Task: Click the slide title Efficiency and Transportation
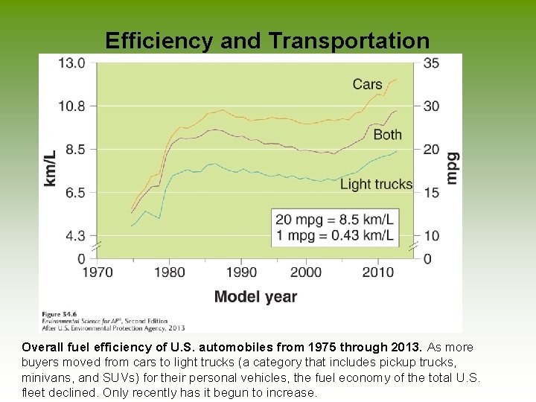[x=267, y=40]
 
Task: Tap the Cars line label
[x=367, y=84]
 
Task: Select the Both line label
[x=387, y=135]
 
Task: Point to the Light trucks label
[x=376, y=184]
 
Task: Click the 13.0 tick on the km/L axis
[x=72, y=63]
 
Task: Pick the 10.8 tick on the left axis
[x=72, y=106]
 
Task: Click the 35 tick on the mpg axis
[x=431, y=63]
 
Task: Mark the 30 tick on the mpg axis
[x=431, y=106]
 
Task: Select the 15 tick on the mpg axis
[x=431, y=193]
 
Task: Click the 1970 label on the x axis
[x=98, y=272]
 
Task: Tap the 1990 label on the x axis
[x=242, y=272]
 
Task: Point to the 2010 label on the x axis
[x=379, y=272]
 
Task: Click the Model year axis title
[x=255, y=297]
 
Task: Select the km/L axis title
[x=51, y=167]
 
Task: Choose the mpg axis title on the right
[x=452, y=167]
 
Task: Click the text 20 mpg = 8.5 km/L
[x=334, y=220]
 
